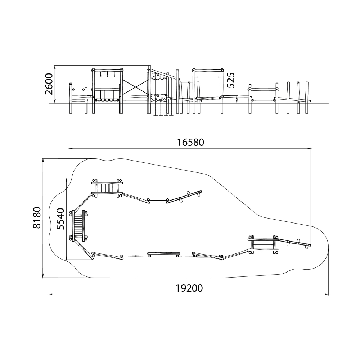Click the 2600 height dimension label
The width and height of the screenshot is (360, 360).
tap(49, 84)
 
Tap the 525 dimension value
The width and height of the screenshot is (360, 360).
tap(231, 80)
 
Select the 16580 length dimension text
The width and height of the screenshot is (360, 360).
tap(190, 143)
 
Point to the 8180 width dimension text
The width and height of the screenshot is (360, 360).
tap(37, 218)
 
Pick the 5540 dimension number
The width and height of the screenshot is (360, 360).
tap(60, 219)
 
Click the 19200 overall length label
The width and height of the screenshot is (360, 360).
tap(189, 288)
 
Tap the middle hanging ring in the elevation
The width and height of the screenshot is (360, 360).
tap(107, 75)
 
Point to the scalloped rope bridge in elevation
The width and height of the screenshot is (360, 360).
tap(107, 100)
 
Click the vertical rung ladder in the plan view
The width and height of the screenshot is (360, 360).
tap(79, 226)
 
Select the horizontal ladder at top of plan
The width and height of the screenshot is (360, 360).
tap(107, 188)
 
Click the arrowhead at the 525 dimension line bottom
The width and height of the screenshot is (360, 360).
tap(237, 102)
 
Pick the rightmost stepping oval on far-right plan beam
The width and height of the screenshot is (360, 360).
tap(306, 246)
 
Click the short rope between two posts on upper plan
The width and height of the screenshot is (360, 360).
tap(158, 200)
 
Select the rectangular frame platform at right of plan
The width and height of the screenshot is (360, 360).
tap(264, 245)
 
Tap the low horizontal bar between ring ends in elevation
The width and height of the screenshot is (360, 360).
tap(264, 100)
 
